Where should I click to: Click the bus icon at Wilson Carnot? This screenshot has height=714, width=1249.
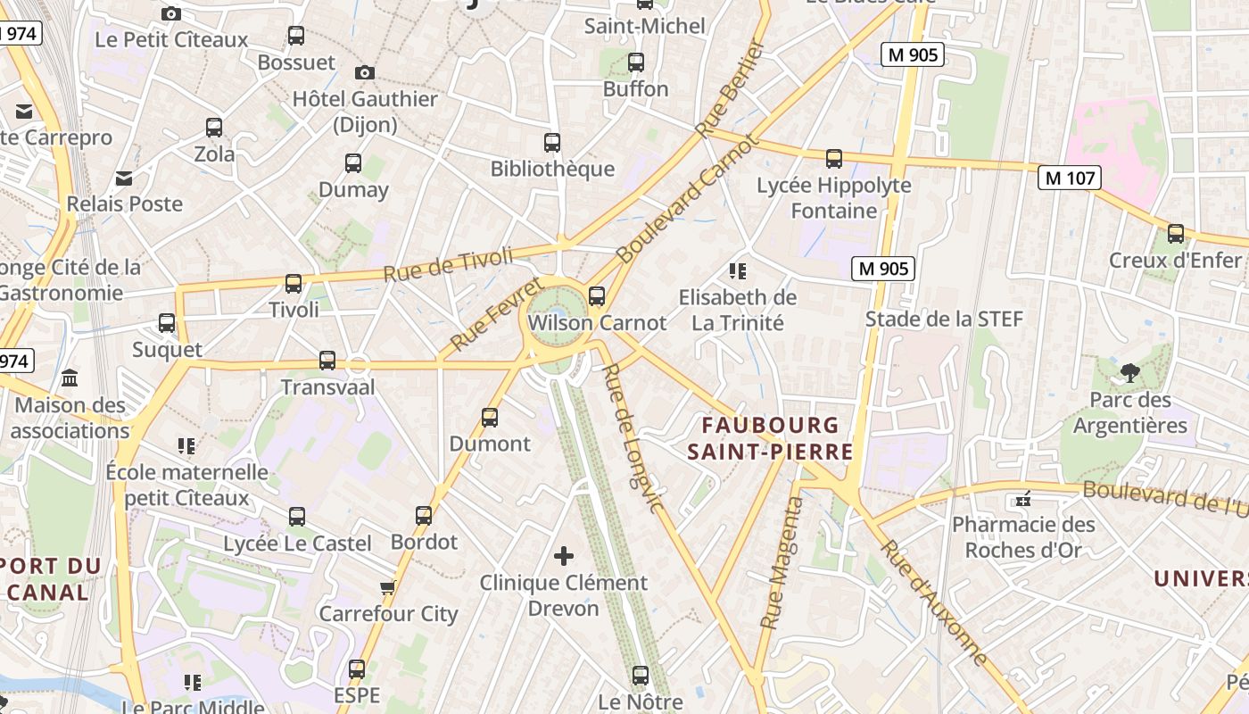coord(597,295)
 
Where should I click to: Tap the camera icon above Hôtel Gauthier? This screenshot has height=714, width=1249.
coord(364,72)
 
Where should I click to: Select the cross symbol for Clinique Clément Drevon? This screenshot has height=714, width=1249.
coord(564,556)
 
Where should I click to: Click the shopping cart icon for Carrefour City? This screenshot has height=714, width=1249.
coord(388,587)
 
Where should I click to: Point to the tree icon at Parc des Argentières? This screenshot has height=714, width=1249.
coord(1130,373)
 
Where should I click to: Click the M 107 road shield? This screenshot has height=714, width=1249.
coord(1069,178)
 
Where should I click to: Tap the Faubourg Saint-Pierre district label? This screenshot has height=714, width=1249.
coord(770,438)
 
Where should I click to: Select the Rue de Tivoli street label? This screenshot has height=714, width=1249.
coord(449,264)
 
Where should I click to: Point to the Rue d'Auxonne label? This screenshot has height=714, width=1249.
coord(935,602)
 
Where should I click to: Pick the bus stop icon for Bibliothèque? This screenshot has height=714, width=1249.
coord(552,142)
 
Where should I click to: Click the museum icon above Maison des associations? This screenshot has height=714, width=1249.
coord(70,378)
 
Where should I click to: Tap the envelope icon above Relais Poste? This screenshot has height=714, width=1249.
coord(124,178)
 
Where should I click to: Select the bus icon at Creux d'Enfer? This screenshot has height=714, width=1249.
coord(1176,234)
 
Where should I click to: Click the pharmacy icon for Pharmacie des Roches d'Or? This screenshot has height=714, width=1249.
coord(1023,498)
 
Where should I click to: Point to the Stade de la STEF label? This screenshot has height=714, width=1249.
coord(944,319)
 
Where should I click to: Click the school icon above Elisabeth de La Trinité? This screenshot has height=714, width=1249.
coord(737,270)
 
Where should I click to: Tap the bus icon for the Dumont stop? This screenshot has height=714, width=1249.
coord(490,417)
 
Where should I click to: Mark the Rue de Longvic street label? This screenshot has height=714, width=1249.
coord(633,438)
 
